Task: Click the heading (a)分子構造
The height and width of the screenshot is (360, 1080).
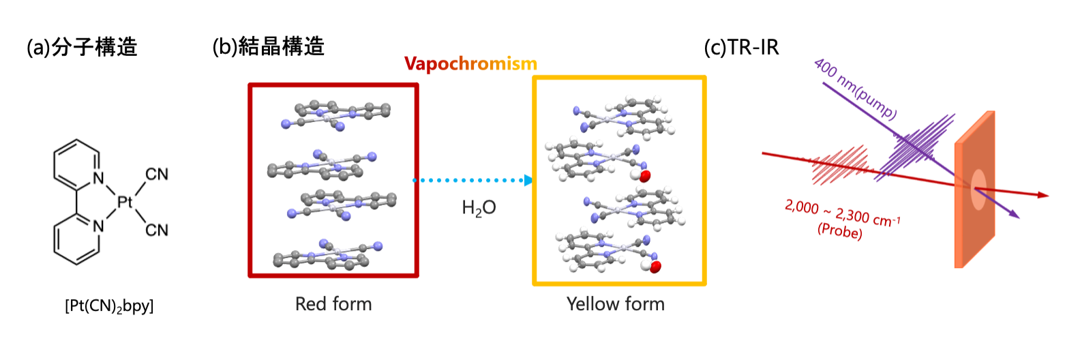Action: pos(82,47)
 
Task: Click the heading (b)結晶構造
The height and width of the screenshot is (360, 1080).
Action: pos(268,46)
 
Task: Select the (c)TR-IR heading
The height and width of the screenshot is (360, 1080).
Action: pos(741,47)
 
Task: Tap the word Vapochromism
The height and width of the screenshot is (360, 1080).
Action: pos(470,64)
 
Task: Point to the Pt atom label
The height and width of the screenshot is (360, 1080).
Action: pos(125,202)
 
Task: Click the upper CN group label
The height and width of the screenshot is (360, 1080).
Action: pos(157,175)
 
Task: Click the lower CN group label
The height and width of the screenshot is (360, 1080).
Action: pos(157,230)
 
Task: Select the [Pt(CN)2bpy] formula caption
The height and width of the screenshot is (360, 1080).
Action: pos(109,306)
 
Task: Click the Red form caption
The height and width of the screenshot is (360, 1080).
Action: pos(333,304)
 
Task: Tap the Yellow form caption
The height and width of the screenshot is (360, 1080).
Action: pos(616,304)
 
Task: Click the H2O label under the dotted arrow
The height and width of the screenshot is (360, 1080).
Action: pos(479,208)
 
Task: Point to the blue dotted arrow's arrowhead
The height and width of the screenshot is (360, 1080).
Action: pos(528,181)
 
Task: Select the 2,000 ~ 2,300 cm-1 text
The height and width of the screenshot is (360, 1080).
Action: pos(843,213)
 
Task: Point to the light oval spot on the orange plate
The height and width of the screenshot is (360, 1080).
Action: pos(978,189)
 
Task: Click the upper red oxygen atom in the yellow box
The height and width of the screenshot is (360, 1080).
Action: pos(645,176)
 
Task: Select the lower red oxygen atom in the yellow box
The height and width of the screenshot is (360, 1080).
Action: pos(656,267)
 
